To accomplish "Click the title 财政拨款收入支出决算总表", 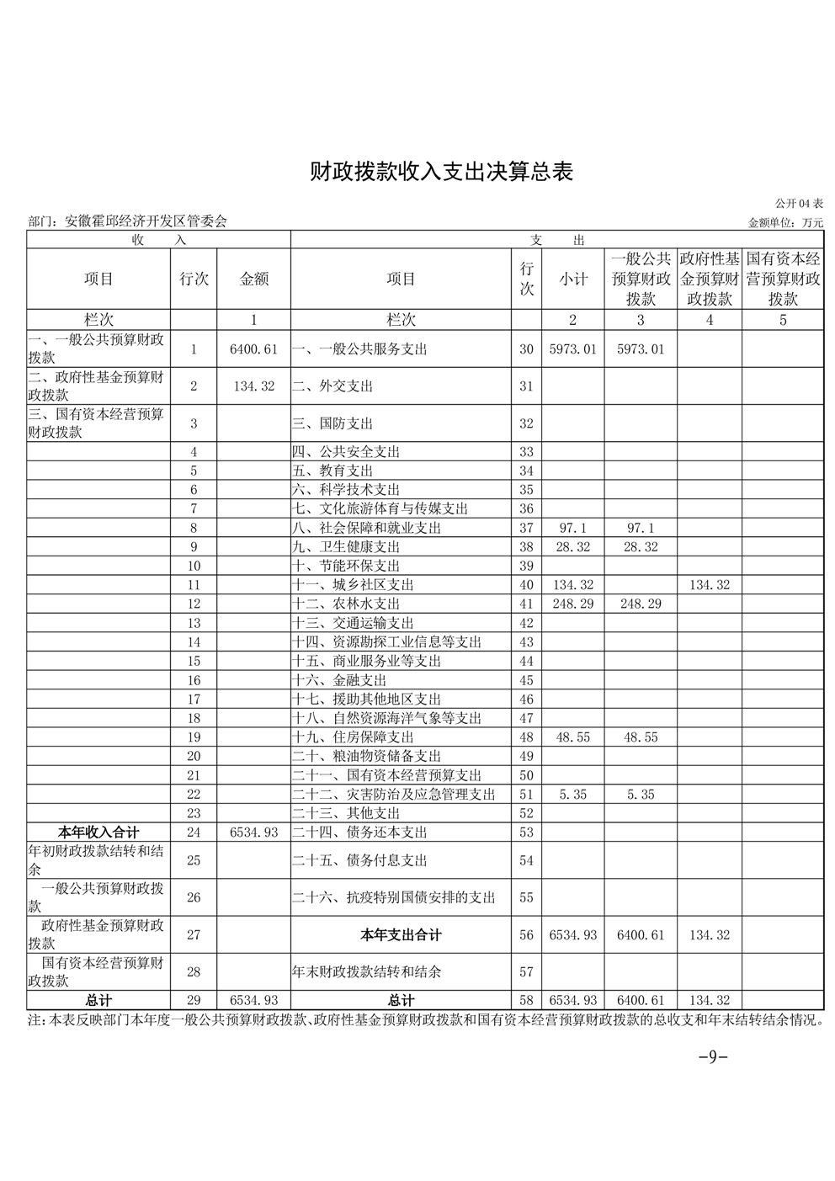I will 441,173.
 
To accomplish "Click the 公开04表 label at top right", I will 799,205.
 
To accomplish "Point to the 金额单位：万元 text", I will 785,223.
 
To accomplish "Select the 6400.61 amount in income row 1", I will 253,348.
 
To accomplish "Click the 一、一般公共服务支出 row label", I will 360,348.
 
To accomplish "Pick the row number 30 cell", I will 526,348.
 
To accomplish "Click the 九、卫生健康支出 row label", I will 346,547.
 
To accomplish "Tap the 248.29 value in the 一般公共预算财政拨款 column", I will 641,604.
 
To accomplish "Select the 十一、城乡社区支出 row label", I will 354,585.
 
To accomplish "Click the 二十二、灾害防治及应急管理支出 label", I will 394,795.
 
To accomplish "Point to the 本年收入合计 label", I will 98,833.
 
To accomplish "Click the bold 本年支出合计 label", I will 401,935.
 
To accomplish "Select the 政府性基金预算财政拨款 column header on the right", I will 710,279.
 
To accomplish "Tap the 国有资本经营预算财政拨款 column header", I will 783,279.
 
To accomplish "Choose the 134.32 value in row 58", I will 710,1001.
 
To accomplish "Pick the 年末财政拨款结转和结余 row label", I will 367,972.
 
